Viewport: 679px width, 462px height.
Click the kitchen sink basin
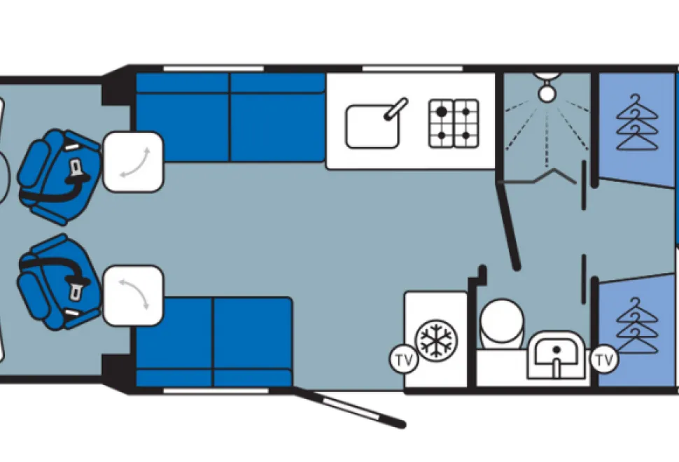click(x=372, y=127)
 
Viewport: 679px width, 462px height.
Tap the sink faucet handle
click(x=396, y=108)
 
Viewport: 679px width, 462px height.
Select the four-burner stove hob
click(x=454, y=123)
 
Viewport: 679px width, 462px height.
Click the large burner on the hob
click(x=441, y=112)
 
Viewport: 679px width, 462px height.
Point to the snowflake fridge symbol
click(x=436, y=339)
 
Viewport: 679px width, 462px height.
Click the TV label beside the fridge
click(x=405, y=359)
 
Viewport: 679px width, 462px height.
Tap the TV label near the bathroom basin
click(x=605, y=359)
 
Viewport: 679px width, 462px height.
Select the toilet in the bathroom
click(x=501, y=323)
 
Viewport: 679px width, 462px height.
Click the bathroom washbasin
click(x=556, y=355)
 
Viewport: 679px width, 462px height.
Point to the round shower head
click(x=547, y=92)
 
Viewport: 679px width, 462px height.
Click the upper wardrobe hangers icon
click(x=637, y=122)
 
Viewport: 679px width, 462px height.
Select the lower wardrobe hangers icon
click(x=637, y=325)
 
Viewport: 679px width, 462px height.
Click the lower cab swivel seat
click(x=59, y=282)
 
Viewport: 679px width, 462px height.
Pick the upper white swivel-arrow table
click(x=134, y=162)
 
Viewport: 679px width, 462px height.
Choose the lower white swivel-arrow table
click(x=134, y=295)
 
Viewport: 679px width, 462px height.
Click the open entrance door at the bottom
click(x=350, y=408)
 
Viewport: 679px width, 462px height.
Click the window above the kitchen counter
click(x=412, y=68)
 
